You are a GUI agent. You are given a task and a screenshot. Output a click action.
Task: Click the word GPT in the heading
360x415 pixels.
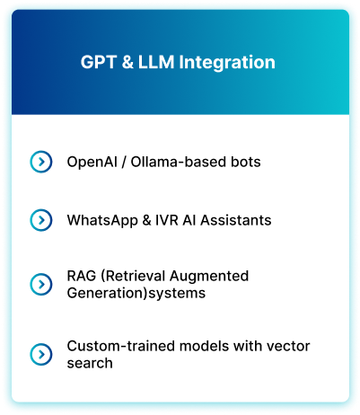[x=98, y=62]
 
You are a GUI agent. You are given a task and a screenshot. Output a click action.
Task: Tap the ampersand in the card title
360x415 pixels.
[x=127, y=62]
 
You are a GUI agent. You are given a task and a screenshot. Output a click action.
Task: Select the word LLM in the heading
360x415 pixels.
[x=156, y=62]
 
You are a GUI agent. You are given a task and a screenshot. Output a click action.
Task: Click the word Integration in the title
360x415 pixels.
[x=227, y=63]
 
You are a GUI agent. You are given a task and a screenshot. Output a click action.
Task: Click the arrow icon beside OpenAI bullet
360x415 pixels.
[x=41, y=162]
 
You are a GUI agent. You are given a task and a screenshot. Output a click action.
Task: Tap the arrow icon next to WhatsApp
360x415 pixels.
[x=41, y=220]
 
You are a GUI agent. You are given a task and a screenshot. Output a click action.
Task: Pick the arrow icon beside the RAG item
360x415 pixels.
[x=41, y=284]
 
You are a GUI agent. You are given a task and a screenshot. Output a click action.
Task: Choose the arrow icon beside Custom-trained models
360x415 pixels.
[x=41, y=354]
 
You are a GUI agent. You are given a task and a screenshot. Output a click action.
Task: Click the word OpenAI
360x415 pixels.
[x=92, y=163]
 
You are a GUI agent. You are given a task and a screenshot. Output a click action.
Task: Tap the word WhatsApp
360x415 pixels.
[x=102, y=221]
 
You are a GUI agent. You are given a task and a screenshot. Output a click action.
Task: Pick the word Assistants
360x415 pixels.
[x=236, y=220]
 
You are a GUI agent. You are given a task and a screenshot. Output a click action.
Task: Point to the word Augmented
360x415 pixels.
[x=209, y=277]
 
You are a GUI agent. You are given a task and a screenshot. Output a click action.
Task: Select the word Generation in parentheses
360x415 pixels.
[x=106, y=293]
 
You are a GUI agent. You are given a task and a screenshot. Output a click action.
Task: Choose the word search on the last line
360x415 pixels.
[x=90, y=363]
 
